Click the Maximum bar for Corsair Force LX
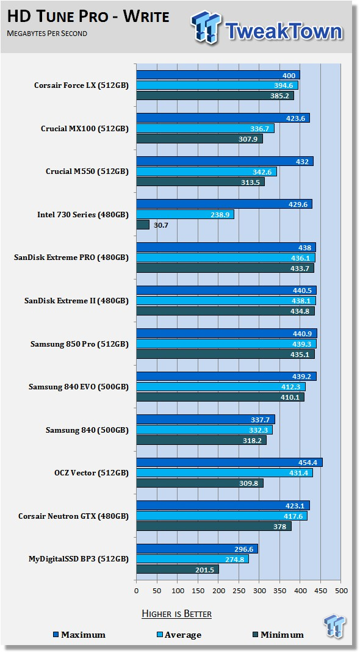click(x=218, y=76)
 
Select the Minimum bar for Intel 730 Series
click(x=143, y=225)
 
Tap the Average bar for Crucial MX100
click(x=205, y=129)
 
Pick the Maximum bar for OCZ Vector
click(x=229, y=463)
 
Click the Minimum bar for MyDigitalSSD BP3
click(x=178, y=569)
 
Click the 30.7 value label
click(x=160, y=225)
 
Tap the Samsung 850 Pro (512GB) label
click(x=79, y=344)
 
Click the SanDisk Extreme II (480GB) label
click(x=77, y=301)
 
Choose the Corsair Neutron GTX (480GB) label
click(x=74, y=516)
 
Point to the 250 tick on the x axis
click(x=239, y=590)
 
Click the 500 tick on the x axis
click(x=341, y=590)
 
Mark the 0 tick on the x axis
click(x=137, y=590)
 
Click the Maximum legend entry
click(x=79, y=635)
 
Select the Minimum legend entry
click(x=278, y=635)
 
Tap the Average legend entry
click(x=179, y=635)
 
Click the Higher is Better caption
click(x=177, y=614)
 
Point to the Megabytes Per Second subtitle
click(x=47, y=34)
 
